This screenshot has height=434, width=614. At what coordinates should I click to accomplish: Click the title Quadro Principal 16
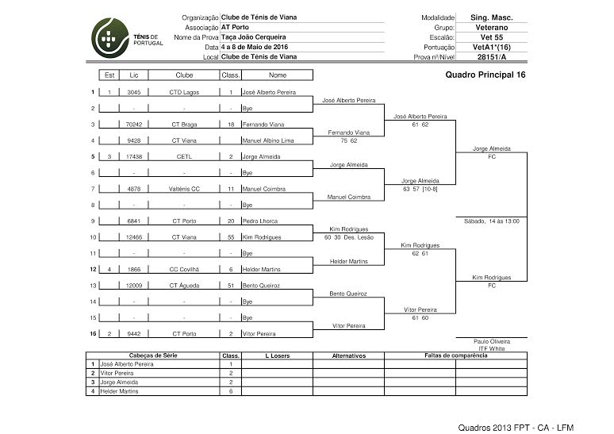pos(485,75)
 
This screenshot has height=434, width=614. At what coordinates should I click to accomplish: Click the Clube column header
pos(184,75)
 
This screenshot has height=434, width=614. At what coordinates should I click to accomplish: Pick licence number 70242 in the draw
pos(134,125)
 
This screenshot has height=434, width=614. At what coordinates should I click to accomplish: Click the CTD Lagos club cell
pos(184,92)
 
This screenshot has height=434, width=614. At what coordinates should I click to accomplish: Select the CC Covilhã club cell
pos(184,270)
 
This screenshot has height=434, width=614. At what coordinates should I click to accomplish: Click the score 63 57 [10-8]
pos(420,189)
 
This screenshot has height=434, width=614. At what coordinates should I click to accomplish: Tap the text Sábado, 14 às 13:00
pos(491,221)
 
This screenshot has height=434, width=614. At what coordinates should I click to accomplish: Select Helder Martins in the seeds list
pos(120,391)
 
